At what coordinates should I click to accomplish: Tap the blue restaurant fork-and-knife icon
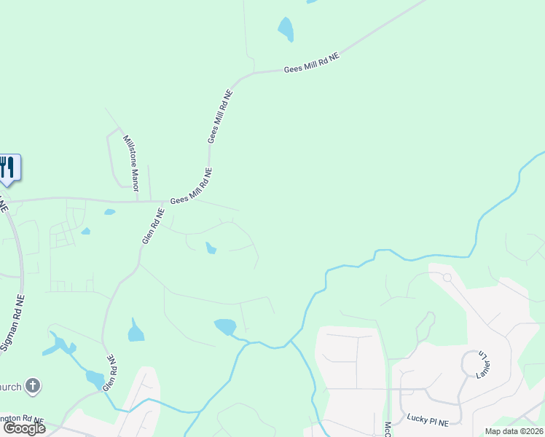pyautogui.click(x=7, y=167)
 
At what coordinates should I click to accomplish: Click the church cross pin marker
pyautogui.click(x=33, y=386)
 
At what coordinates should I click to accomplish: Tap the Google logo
pyautogui.click(x=23, y=428)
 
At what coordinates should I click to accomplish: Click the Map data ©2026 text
pyautogui.click(x=514, y=431)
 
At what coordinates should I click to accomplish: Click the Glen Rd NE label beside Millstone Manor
pyautogui.click(x=153, y=226)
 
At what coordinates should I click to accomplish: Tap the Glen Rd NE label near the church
pyautogui.click(x=109, y=373)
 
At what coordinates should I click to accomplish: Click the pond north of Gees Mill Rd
pyautogui.click(x=286, y=29)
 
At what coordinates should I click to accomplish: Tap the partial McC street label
pyautogui.click(x=388, y=429)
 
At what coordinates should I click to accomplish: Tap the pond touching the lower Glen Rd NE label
pyautogui.click(x=95, y=379)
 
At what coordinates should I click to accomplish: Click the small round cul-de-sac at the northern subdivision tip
pyautogui.click(x=447, y=277)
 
